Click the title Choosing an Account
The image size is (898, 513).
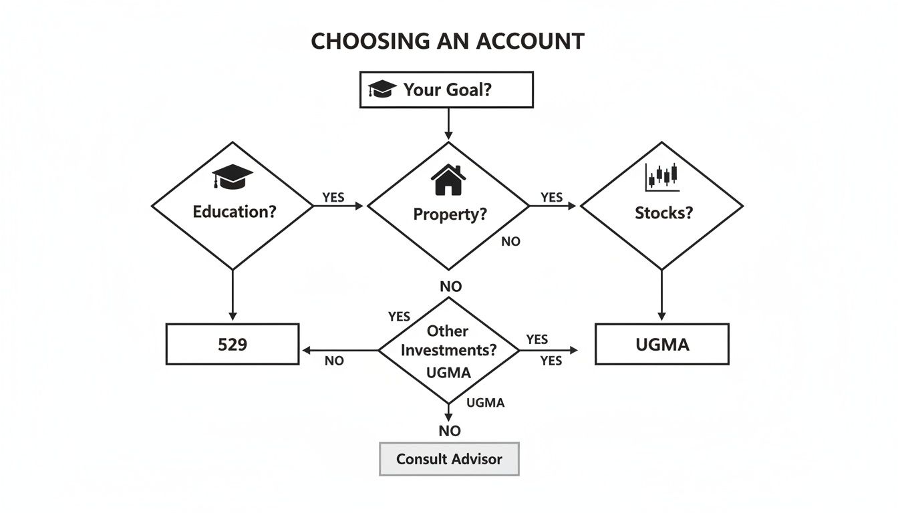coord(448,41)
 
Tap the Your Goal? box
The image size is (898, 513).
coord(446,90)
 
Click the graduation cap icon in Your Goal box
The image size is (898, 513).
coord(383,89)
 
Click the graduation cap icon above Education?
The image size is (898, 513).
coord(232,177)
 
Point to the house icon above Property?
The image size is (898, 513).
coord(448,180)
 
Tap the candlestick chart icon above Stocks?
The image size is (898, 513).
coord(662,176)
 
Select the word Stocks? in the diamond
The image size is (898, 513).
coord(663,213)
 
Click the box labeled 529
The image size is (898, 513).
coord(232,345)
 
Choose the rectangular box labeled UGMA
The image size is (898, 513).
coord(661,345)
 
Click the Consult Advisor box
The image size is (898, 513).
coord(449,459)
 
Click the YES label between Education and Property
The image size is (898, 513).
coord(334,198)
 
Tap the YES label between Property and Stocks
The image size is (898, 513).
coord(551,197)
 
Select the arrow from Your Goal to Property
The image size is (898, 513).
coord(448,125)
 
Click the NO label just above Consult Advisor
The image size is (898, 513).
coord(450,431)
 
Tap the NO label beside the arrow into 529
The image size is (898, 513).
coord(333,361)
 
